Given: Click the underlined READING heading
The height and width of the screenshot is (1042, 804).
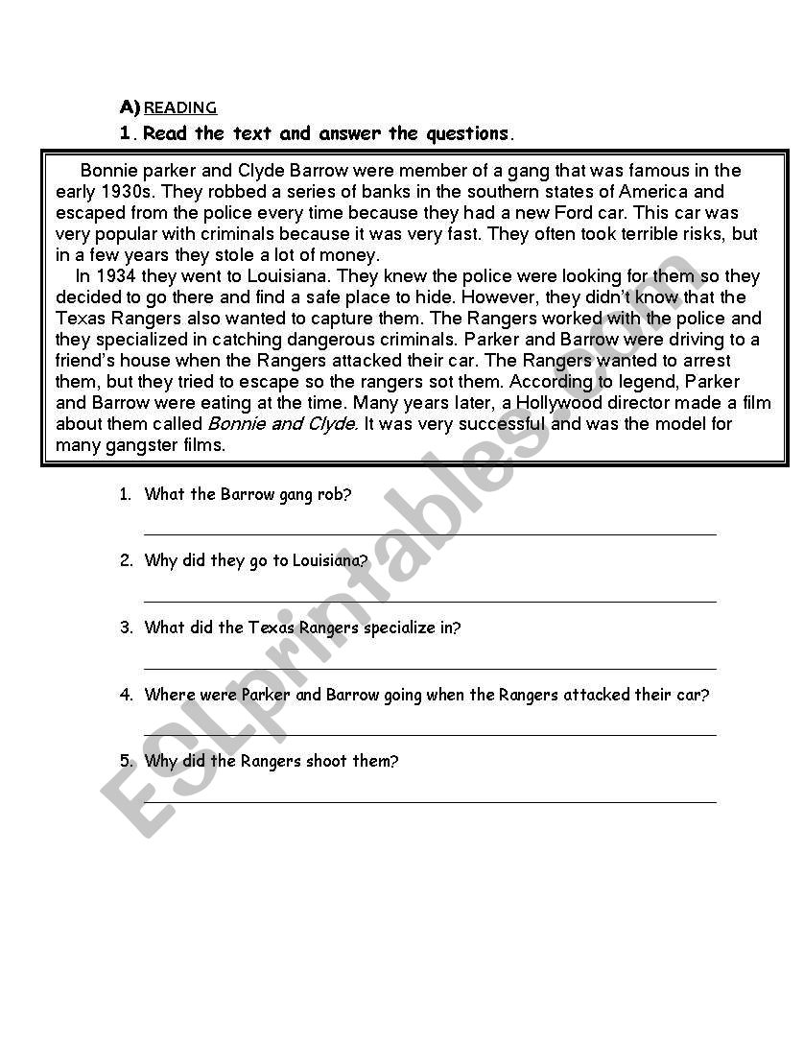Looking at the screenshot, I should point(180,107).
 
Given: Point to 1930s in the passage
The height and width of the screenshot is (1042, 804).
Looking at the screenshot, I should point(127,192).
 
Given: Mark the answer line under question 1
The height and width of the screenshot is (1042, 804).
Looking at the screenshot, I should point(430,533).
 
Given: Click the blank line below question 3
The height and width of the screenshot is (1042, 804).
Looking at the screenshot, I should point(430,668).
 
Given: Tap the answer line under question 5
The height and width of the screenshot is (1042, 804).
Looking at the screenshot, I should point(430,801).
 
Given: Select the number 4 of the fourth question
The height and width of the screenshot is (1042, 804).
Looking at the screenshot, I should point(126,695).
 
